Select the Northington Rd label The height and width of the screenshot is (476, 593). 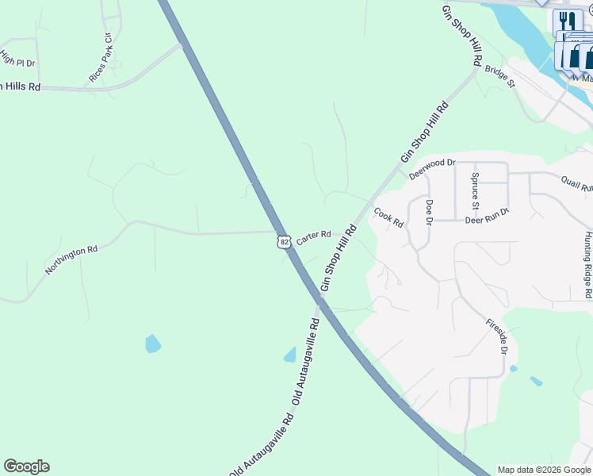(x=71, y=260)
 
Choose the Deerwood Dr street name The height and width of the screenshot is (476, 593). (x=432, y=167)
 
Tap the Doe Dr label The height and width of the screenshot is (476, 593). (x=429, y=212)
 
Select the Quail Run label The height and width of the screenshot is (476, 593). (x=577, y=184)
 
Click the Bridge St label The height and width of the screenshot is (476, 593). (x=500, y=77)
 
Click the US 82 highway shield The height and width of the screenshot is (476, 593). (x=285, y=240)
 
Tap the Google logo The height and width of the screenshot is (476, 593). (x=26, y=466)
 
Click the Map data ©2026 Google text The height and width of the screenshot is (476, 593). (x=544, y=470)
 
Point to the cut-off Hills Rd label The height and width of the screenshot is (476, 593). (x=20, y=86)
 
